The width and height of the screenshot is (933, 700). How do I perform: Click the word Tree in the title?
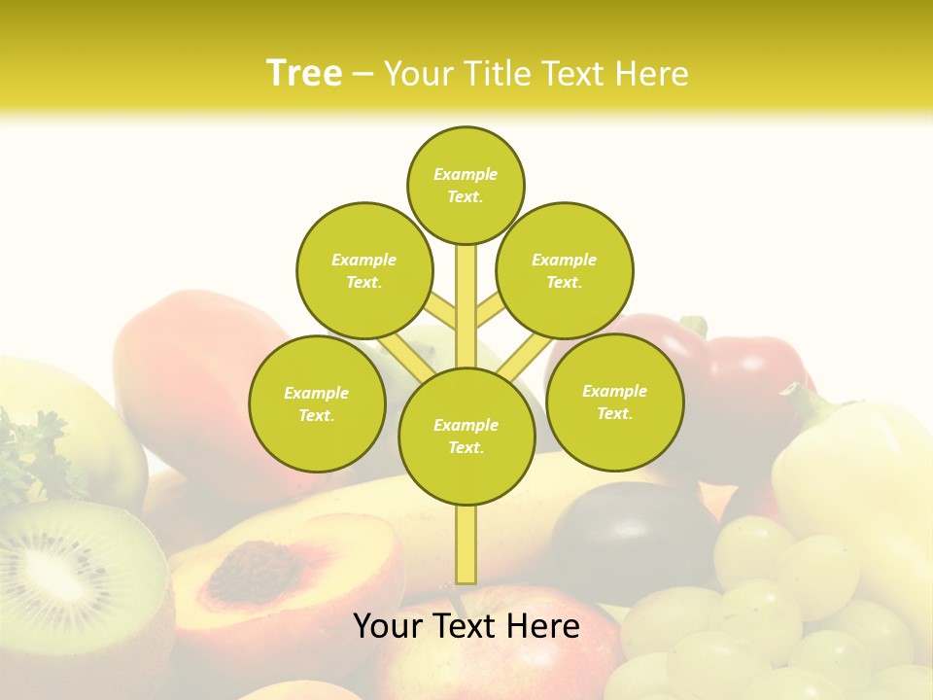click(304, 73)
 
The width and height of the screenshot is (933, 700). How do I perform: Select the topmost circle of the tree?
click(466, 185)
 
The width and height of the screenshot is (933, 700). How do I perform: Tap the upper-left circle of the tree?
click(363, 270)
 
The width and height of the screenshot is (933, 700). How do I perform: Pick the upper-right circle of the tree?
click(565, 270)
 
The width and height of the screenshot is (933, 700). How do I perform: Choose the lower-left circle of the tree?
click(317, 403)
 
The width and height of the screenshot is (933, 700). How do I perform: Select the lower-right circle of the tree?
click(615, 402)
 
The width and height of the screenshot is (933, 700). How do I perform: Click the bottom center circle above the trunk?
click(466, 437)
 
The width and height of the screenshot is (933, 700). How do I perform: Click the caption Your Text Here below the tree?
click(466, 626)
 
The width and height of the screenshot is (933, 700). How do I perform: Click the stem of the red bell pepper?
click(694, 326)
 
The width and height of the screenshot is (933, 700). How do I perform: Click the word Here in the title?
click(656, 74)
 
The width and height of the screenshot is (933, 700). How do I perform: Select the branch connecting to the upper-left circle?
click(442, 313)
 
